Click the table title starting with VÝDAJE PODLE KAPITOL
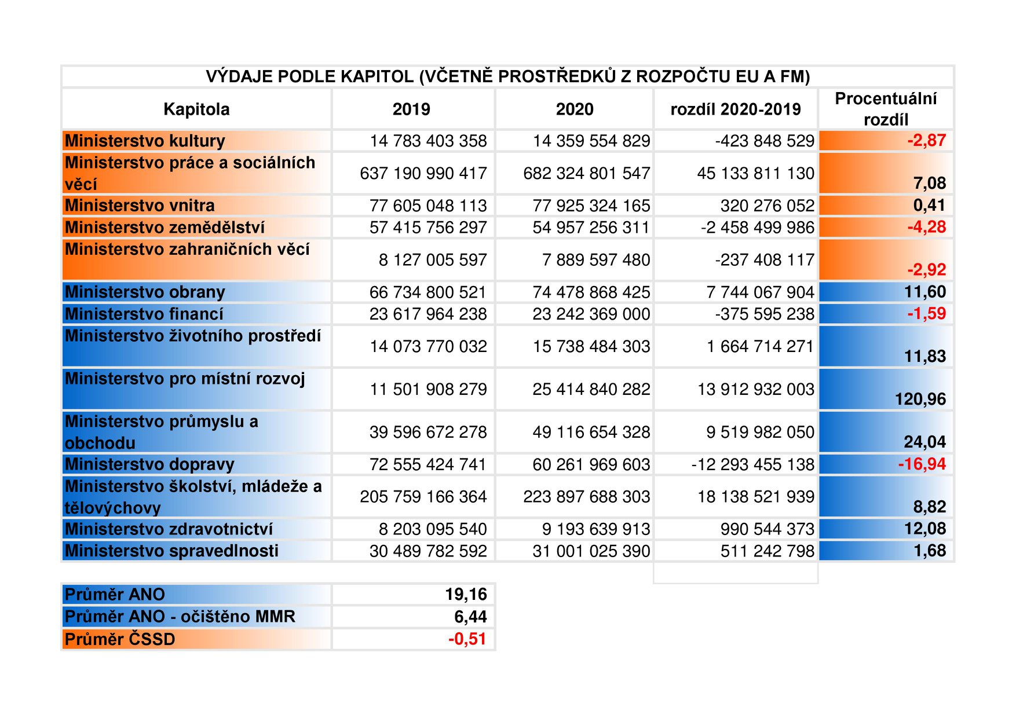(507, 76)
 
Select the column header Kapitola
(196, 109)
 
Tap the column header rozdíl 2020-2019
(736, 109)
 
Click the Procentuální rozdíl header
(886, 109)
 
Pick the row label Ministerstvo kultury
(145, 141)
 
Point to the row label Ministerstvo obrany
(145, 292)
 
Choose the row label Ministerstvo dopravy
(149, 464)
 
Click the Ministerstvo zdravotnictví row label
(169, 529)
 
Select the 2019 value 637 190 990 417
(423, 173)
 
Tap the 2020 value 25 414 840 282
(591, 389)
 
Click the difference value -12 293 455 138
(752, 464)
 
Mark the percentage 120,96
(920, 399)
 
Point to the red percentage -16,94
(922, 464)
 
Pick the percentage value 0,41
(930, 205)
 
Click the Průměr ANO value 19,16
(466, 594)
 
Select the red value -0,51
(467, 639)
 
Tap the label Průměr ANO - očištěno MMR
(180, 617)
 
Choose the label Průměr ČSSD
(120, 639)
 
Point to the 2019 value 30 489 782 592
(429, 551)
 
